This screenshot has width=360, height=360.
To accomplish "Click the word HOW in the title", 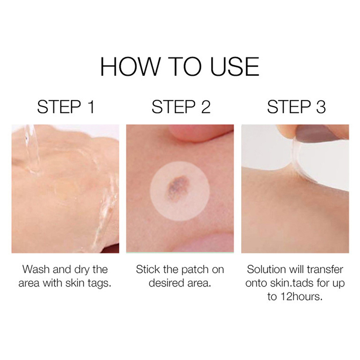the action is tap(130, 67).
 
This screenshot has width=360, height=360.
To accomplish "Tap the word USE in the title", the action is tap(234, 67).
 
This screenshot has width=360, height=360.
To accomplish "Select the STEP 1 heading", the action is tap(66, 107).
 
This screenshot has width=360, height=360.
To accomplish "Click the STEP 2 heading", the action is tap(181, 107).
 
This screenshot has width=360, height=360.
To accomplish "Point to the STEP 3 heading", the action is tap(297, 107).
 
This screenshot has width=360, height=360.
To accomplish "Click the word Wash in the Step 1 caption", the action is tap(36, 269).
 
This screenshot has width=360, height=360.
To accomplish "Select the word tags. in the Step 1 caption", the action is tap(99, 283).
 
